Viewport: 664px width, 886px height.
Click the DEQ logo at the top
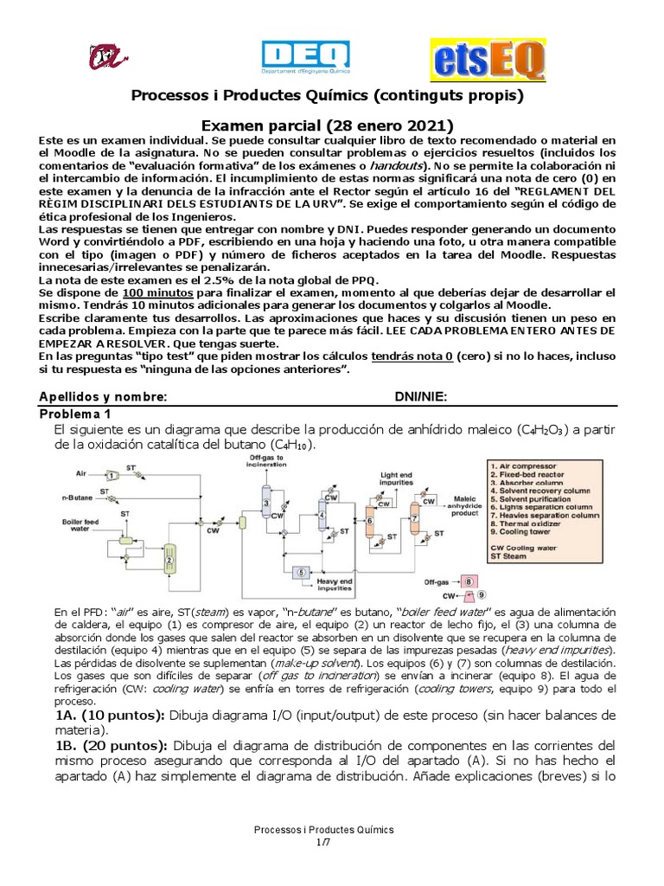click(x=305, y=57)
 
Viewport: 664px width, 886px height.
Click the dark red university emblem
click(x=105, y=58)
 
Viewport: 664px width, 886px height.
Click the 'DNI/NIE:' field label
click(x=421, y=397)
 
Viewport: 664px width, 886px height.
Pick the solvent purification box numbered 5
click(x=302, y=571)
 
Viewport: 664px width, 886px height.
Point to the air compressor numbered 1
click(x=111, y=473)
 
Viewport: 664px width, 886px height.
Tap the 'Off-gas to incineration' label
click(x=266, y=460)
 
